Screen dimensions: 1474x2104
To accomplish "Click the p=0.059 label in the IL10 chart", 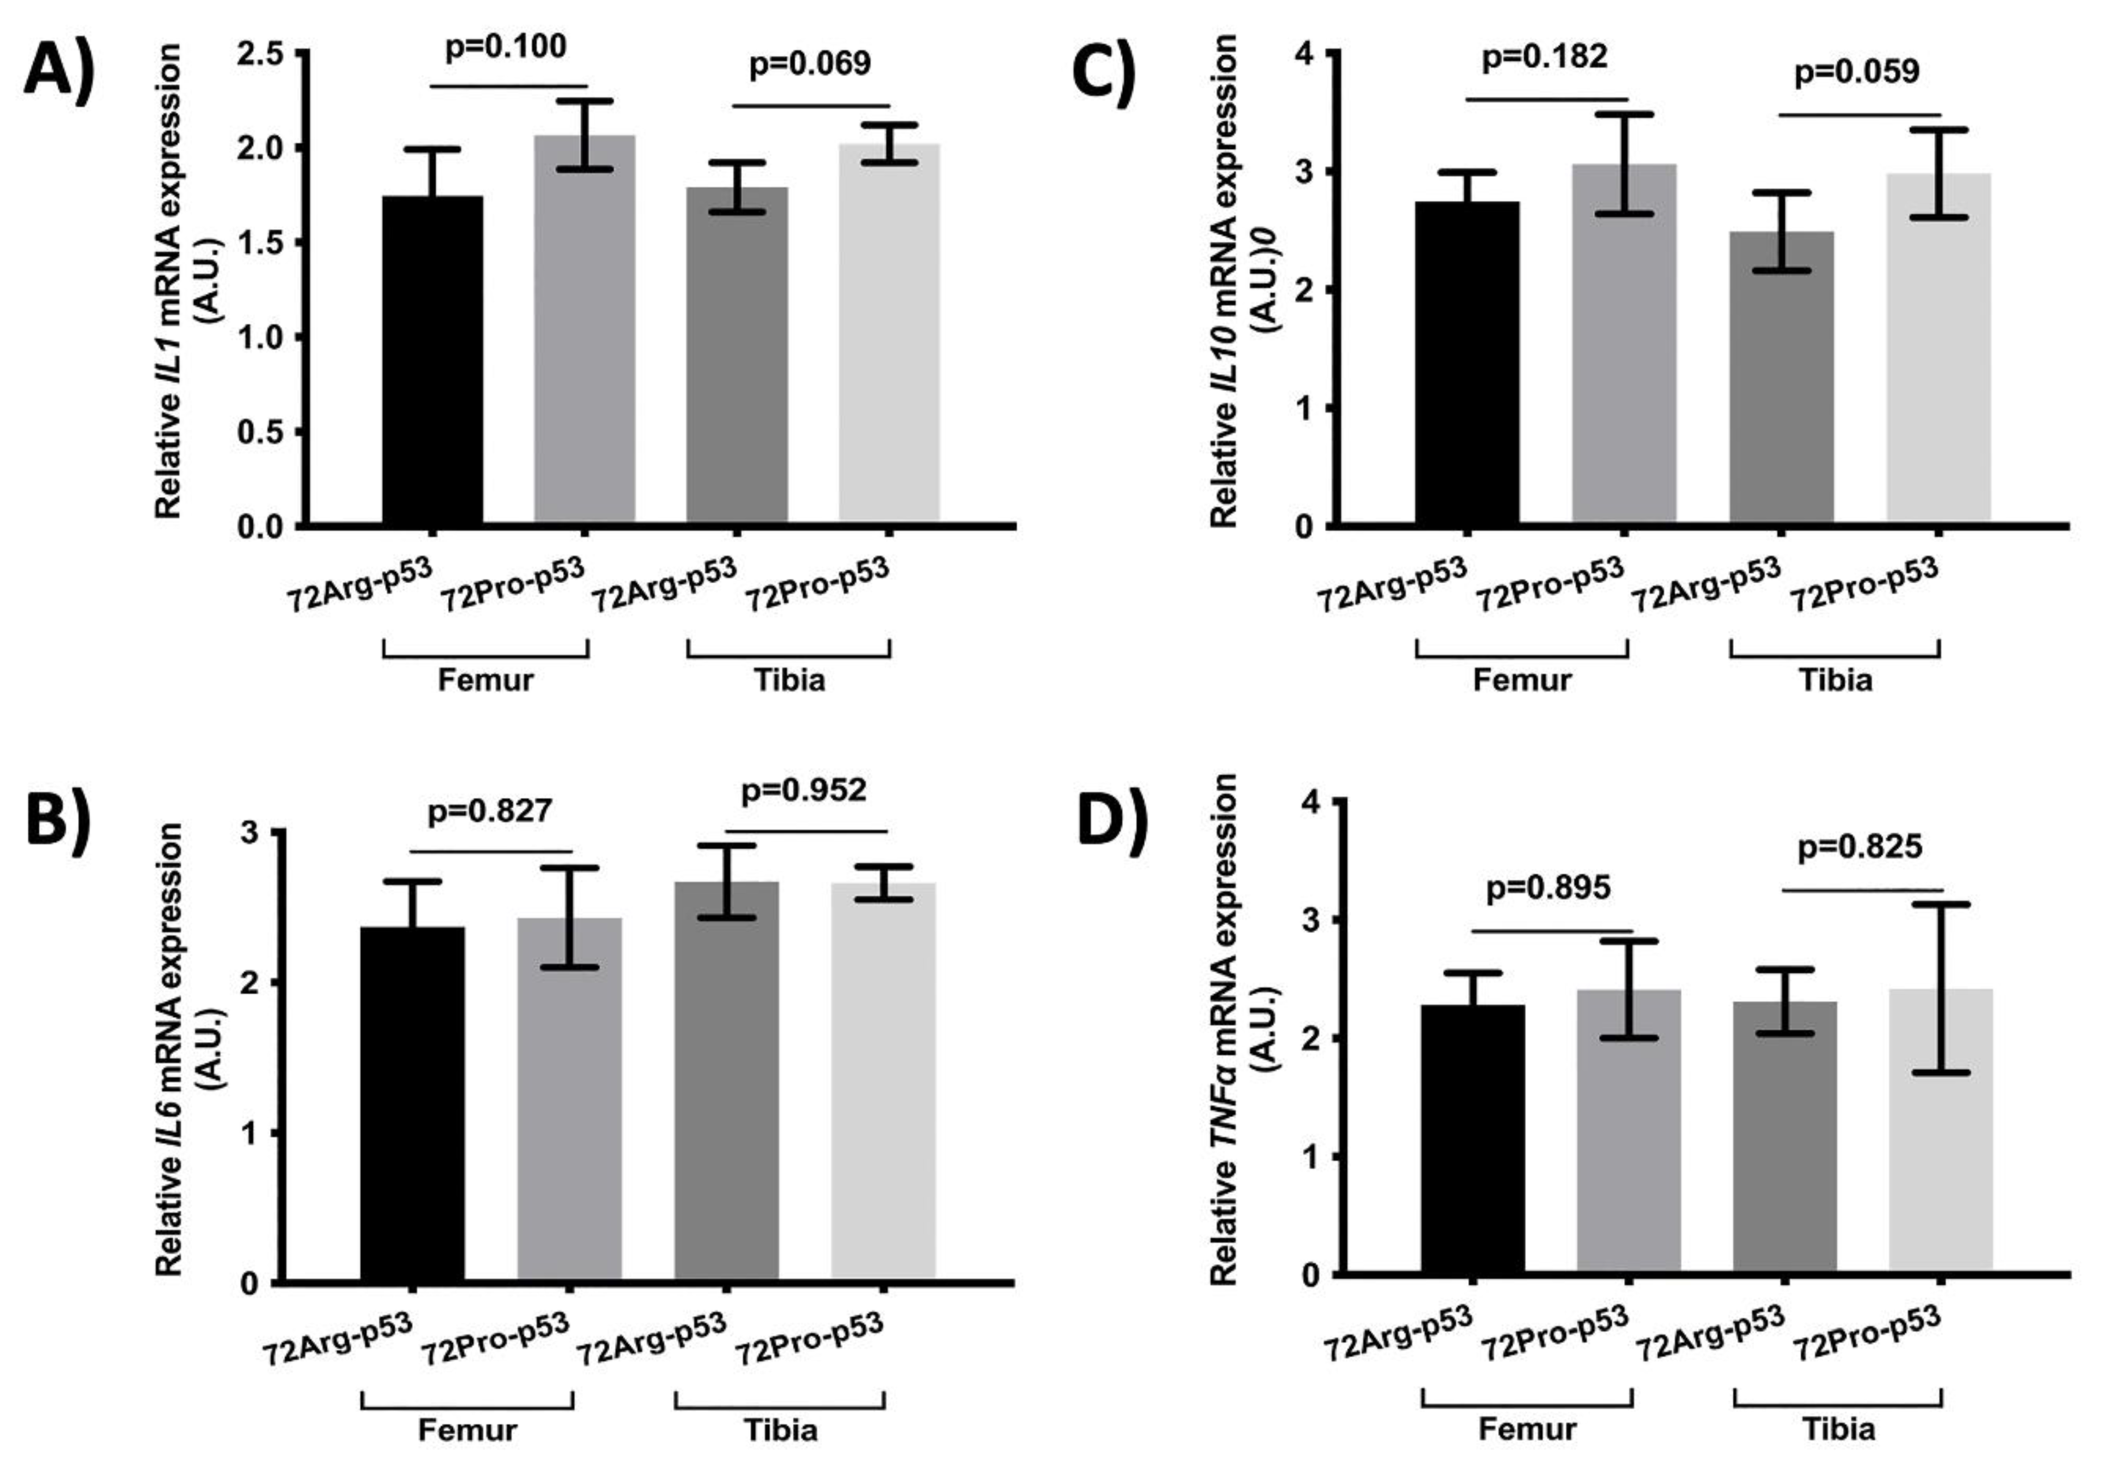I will [x=1856, y=72].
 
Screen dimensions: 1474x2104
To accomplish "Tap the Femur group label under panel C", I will [x=1522, y=680].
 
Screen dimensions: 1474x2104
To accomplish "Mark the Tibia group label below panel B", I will [x=780, y=1430].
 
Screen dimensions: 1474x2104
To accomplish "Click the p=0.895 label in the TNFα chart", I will [x=1549, y=888].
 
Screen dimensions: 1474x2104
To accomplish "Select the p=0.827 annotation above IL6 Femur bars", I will [x=490, y=811].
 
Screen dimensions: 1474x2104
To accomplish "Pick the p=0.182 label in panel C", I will [x=1545, y=56].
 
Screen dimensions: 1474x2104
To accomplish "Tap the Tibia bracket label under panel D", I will [x=1838, y=1429].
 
